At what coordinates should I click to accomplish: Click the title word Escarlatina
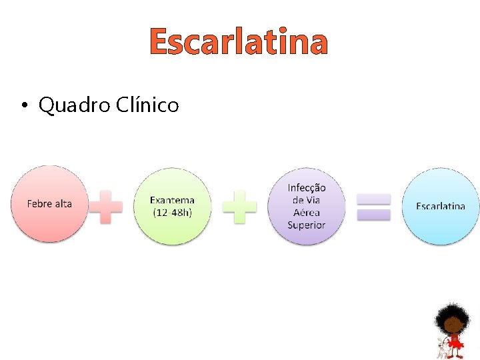point(239,42)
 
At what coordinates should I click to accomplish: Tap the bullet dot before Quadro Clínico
point(23,105)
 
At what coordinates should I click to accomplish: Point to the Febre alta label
point(49,203)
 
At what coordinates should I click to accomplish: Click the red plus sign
point(106,207)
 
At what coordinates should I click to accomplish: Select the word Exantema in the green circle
point(173,200)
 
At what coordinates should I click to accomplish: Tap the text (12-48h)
point(173,212)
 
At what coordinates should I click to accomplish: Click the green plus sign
point(239,207)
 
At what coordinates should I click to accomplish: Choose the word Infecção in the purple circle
point(307,188)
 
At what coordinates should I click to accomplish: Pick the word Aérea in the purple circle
point(307,213)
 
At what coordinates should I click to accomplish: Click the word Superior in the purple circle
point(307,225)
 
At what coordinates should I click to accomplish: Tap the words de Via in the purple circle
point(307,200)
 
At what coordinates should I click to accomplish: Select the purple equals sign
point(374,207)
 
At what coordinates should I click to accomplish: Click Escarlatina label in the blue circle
point(441,206)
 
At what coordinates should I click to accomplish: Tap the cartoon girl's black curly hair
point(453,313)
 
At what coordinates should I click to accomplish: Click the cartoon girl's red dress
point(456,341)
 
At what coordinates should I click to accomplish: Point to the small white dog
point(441,348)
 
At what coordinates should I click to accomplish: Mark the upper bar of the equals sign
point(374,199)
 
